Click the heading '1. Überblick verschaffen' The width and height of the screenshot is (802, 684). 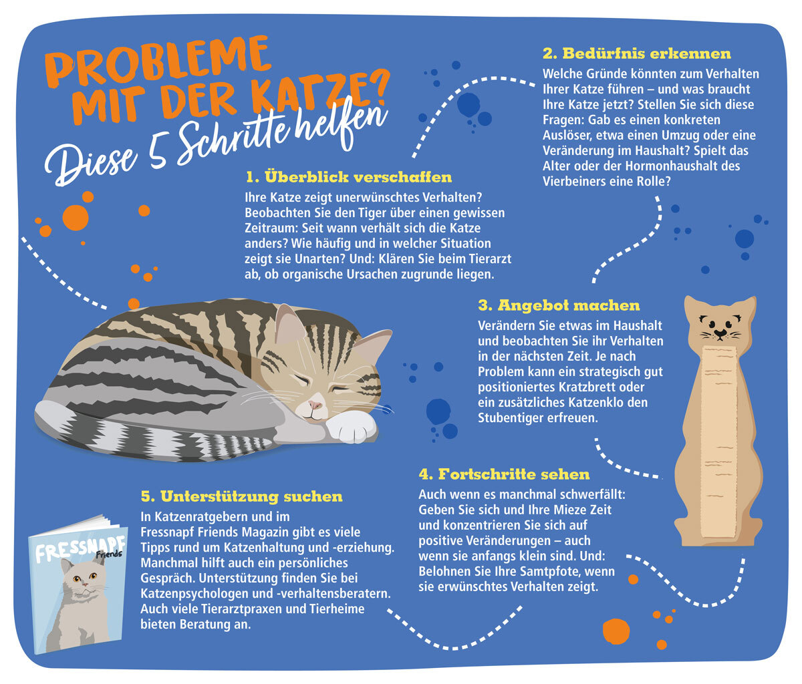pyautogui.click(x=348, y=177)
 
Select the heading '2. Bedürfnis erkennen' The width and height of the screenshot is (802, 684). pyautogui.click(x=636, y=53)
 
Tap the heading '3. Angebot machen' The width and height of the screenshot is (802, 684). pyautogui.click(x=559, y=305)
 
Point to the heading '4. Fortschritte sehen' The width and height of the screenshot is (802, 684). pyautogui.click(x=504, y=474)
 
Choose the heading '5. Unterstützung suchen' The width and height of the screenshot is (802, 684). pyautogui.click(x=241, y=496)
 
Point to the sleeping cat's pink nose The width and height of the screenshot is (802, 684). pyautogui.click(x=315, y=405)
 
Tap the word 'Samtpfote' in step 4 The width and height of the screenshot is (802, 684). pyautogui.click(x=552, y=572)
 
